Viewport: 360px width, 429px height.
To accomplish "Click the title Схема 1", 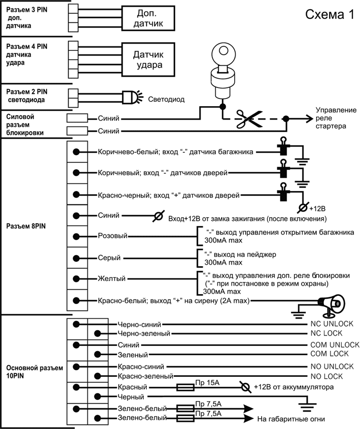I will (x=329, y=15).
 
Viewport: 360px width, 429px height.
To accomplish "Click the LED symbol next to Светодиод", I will (x=131, y=97).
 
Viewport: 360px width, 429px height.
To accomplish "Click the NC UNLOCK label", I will (x=332, y=324).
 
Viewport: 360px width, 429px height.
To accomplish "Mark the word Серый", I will (x=108, y=257).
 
